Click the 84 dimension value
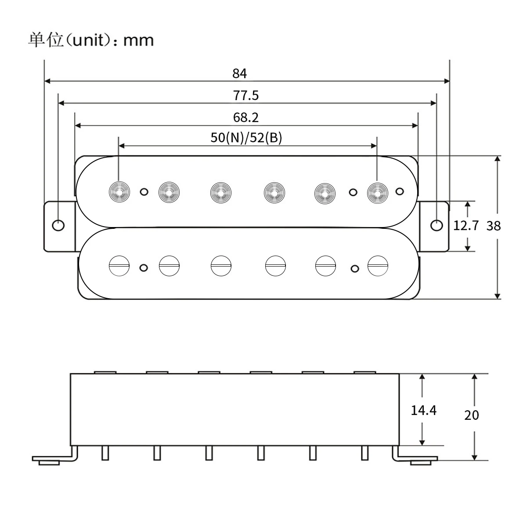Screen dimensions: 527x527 [240, 73]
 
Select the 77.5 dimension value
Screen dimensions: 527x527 [246, 95]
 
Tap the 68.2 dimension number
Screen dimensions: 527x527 [246, 117]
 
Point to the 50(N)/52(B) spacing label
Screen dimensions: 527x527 [246, 137]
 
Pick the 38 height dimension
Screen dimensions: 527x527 [494, 226]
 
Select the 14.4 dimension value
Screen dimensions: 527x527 [423, 410]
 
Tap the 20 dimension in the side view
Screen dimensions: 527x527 [472, 415]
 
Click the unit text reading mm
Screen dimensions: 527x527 [138, 40]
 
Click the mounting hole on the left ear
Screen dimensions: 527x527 [58, 226]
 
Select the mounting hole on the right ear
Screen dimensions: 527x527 [437, 225]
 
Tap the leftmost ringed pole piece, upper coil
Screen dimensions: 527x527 [119, 191]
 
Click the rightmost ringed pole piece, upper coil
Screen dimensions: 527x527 [377, 191]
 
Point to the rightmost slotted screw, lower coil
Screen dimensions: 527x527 [378, 266]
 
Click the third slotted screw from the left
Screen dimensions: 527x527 [221, 266]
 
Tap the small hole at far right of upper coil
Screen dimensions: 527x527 [400, 191]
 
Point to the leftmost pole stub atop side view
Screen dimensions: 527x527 [105, 372]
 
